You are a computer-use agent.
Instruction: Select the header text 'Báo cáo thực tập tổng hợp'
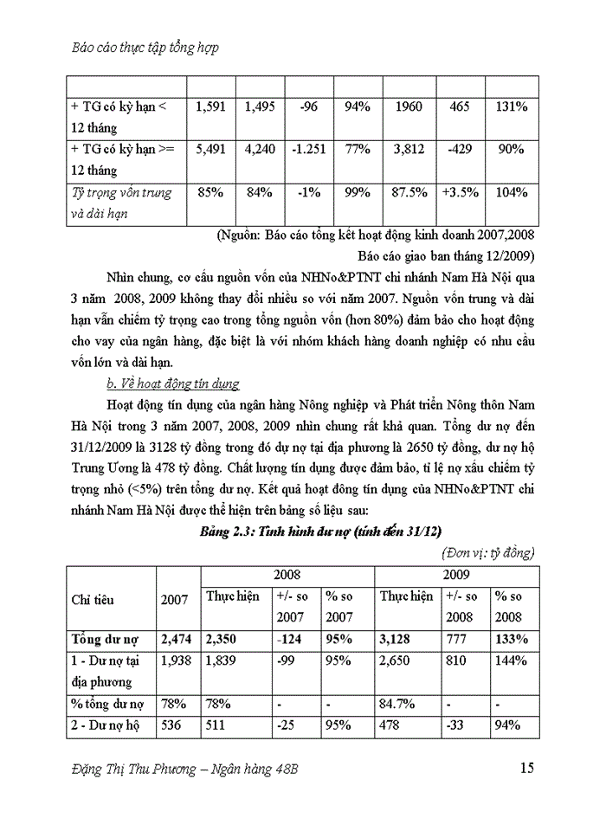point(143,48)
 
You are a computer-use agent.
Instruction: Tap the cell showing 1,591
point(210,106)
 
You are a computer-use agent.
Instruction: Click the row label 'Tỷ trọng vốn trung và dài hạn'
point(121,202)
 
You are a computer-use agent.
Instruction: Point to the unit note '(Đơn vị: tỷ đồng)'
point(487,551)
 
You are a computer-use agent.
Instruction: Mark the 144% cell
point(509,660)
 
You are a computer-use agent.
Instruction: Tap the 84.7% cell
point(397,704)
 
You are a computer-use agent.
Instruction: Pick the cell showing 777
point(456,640)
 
